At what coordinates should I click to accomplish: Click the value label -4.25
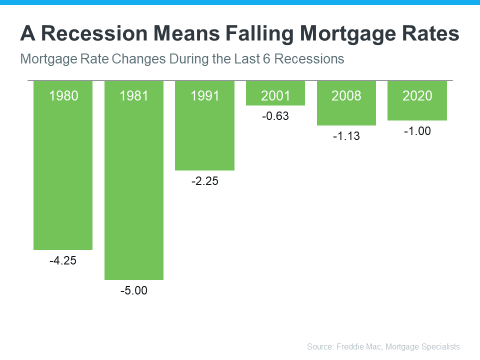pyautogui.click(x=63, y=260)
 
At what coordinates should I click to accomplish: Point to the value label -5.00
pyautogui.click(x=134, y=290)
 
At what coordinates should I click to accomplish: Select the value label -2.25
pyautogui.click(x=204, y=181)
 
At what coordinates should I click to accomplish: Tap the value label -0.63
pyautogui.click(x=275, y=116)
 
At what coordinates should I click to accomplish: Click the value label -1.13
pyautogui.click(x=346, y=136)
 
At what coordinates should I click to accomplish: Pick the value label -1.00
pyautogui.click(x=417, y=131)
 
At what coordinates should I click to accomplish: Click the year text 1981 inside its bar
pyautogui.click(x=134, y=95)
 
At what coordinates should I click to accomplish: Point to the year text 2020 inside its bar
pyautogui.click(x=417, y=95)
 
